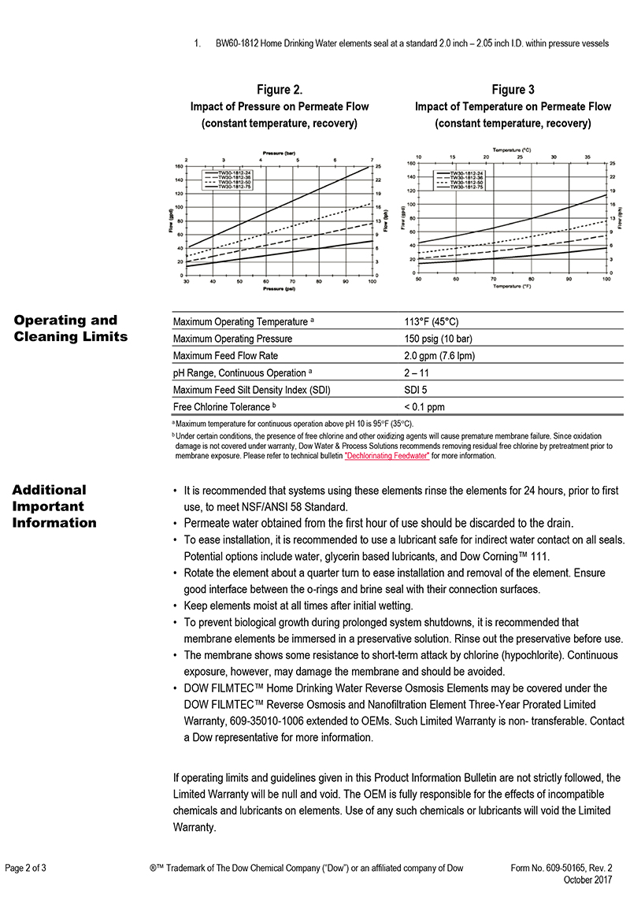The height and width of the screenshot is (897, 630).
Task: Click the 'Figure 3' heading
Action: [x=513, y=90]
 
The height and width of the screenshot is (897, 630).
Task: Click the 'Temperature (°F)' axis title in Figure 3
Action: [x=512, y=287]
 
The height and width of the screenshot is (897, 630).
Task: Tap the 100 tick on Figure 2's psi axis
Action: [x=372, y=280]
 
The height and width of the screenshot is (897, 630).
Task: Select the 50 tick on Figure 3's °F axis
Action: [x=418, y=279]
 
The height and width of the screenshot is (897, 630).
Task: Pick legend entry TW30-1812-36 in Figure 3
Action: [x=466, y=178]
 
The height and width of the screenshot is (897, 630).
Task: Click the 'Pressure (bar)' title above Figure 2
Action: [x=280, y=152]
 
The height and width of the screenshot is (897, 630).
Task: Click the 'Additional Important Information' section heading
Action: [x=54, y=506]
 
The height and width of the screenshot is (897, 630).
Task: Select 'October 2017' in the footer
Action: [x=588, y=879]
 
